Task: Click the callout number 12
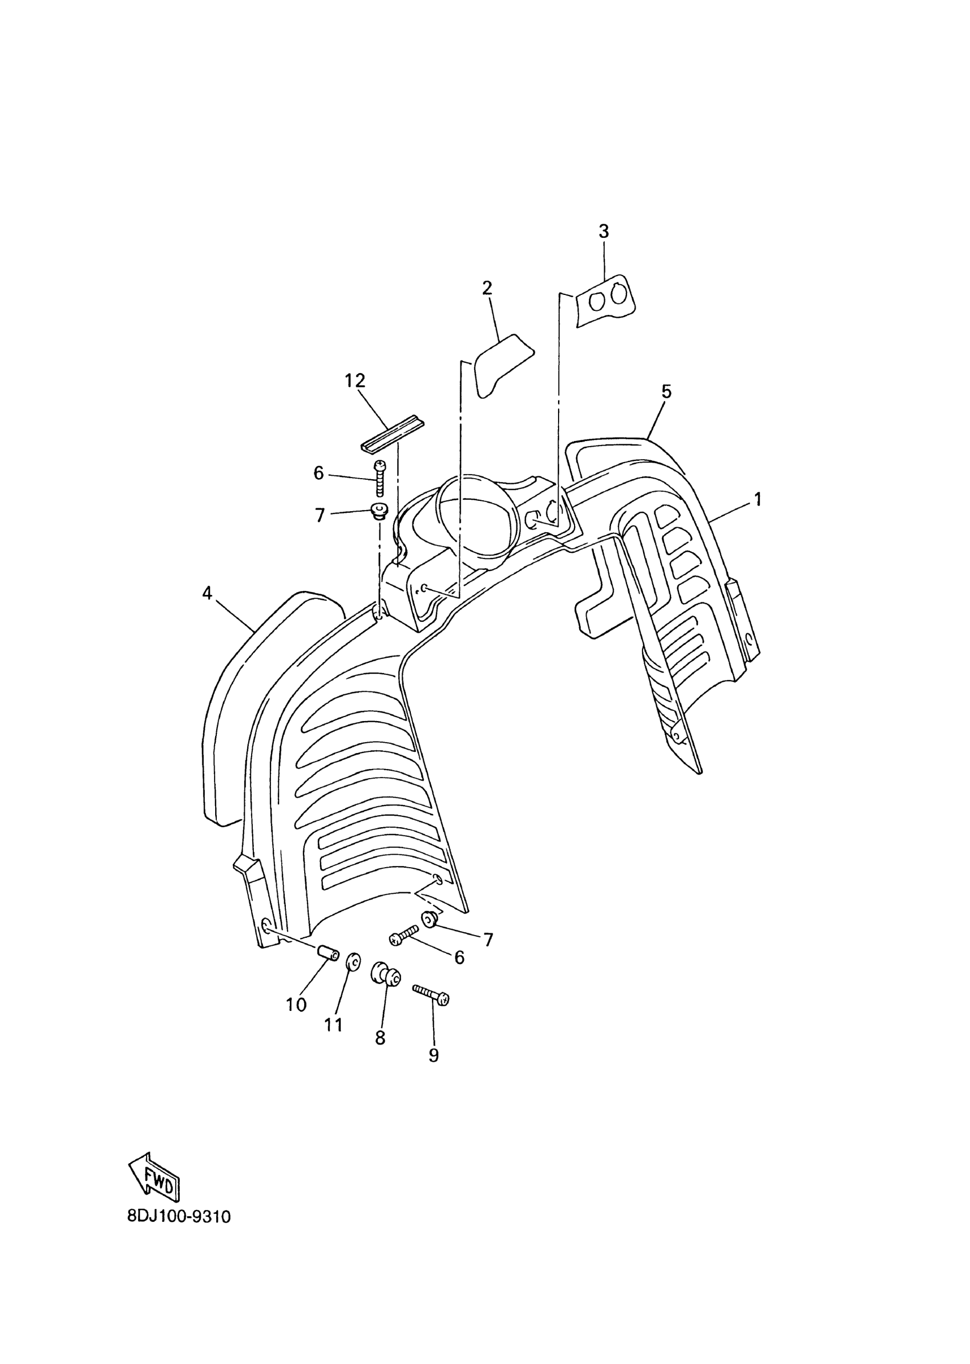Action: (x=355, y=381)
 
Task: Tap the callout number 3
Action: (x=603, y=232)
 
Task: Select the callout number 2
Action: (x=487, y=289)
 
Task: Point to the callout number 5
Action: (x=666, y=392)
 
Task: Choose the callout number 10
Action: (x=296, y=1005)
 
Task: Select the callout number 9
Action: (x=434, y=1055)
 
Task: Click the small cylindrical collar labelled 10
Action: (x=329, y=954)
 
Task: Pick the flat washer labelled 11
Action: (x=353, y=961)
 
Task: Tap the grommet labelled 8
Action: (x=386, y=974)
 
